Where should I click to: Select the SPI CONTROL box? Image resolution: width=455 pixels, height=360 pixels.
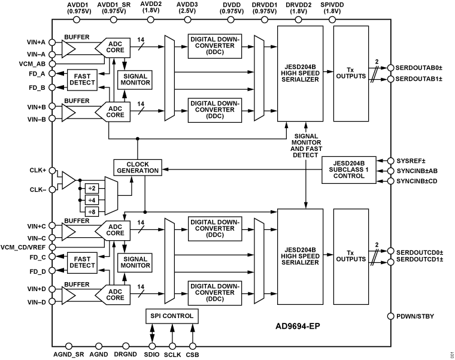171,316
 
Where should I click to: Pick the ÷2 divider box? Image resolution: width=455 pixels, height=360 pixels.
92,187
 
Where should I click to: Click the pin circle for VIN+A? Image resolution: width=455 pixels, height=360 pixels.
52,41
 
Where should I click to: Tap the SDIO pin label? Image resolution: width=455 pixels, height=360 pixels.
152,355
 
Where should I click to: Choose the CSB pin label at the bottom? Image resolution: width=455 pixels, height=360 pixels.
193,355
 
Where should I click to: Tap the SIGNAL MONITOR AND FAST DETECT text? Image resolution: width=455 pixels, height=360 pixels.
306,146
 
